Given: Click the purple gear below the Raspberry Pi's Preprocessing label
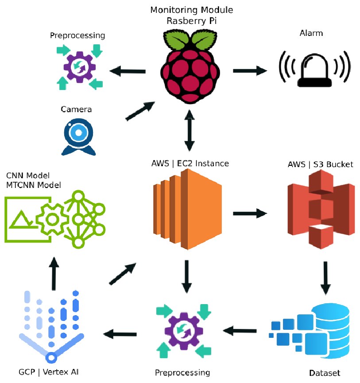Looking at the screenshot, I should click(x=80, y=67).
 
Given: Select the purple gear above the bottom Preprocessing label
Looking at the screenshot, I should click(x=183, y=330).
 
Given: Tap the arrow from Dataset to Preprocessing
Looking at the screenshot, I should click(x=240, y=330).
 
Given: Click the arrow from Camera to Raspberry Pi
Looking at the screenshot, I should click(x=140, y=111).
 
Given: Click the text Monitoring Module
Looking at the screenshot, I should click(x=191, y=10).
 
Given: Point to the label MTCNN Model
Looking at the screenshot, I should click(x=34, y=185).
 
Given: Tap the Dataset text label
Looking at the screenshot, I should click(x=325, y=373).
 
